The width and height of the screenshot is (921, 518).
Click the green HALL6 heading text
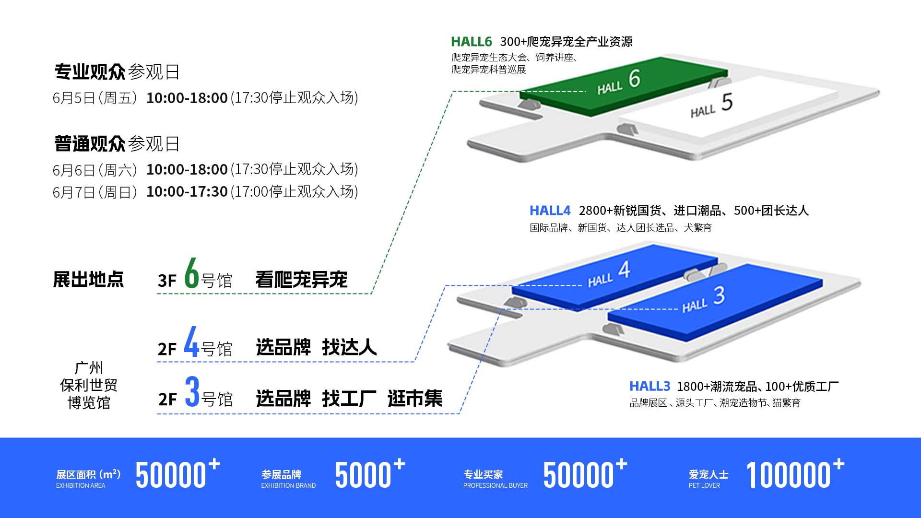(x=471, y=42)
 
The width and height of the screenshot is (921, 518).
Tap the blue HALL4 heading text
(x=550, y=211)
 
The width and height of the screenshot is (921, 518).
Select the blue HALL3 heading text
(x=649, y=386)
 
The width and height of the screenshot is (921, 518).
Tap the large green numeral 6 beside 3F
(x=192, y=273)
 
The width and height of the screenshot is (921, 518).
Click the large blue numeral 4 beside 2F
(x=191, y=342)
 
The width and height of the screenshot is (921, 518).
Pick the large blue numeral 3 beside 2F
(x=192, y=392)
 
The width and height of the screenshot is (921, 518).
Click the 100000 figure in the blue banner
(x=788, y=475)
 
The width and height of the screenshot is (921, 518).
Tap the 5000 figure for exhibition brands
(x=363, y=475)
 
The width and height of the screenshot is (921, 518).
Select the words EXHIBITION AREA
(x=81, y=486)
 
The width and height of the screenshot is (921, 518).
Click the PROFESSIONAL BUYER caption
(x=495, y=486)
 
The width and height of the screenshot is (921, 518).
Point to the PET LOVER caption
(x=704, y=486)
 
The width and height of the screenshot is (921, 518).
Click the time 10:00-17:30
(x=187, y=192)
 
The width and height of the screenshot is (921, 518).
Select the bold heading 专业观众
(x=90, y=72)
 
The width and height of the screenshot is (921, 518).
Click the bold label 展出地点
(x=88, y=280)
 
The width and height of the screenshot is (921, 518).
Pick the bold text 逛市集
(x=415, y=399)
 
